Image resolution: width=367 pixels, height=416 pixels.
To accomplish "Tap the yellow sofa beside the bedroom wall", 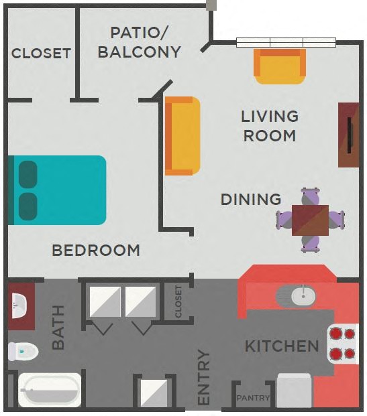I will click(182, 136).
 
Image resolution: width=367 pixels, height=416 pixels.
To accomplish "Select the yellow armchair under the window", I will click(280, 66).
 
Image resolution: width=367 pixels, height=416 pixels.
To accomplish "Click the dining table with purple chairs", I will click(310, 219).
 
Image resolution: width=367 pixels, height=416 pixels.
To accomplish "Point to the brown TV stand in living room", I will click(349, 134).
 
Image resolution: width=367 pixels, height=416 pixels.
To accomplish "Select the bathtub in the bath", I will click(48, 389).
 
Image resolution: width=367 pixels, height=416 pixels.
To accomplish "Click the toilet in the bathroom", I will click(22, 350).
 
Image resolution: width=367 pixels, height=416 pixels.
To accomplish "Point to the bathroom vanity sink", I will click(20, 305).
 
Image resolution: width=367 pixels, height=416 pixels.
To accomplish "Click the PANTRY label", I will click(254, 398).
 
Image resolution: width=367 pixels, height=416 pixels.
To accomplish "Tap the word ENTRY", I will click(204, 378).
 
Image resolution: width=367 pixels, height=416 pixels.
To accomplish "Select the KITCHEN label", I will click(281, 346).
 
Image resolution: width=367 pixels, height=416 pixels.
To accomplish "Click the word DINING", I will click(251, 199).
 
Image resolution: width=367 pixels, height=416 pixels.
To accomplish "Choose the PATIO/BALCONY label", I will click(140, 42).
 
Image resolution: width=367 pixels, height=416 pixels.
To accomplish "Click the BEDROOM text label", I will click(96, 251).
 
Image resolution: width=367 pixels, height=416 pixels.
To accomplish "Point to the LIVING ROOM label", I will click(270, 126).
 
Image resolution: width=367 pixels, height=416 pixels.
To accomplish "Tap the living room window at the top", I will click(286, 42).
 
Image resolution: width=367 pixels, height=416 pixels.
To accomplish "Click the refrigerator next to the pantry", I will click(294, 391).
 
